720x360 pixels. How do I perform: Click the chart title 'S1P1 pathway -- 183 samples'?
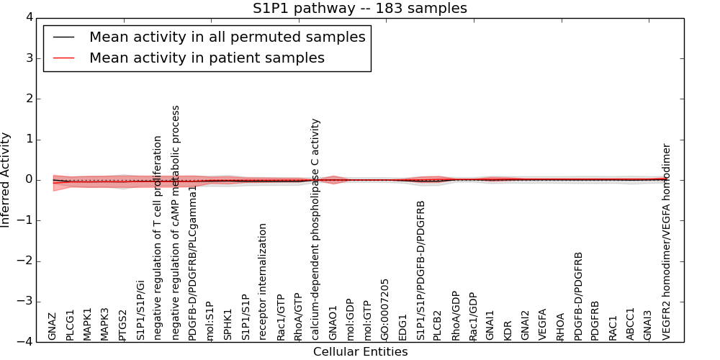point(359,9)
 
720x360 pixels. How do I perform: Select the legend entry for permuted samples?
point(227,37)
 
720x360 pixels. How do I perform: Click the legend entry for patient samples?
point(207,58)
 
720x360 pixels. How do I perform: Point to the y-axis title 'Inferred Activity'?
point(6,180)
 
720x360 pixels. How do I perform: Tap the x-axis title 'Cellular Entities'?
point(360,352)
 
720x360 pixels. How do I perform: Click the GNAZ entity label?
point(52,326)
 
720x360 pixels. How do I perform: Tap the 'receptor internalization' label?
point(263,282)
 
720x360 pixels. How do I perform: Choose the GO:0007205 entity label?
point(385,310)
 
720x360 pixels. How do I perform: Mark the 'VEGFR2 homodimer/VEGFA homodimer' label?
point(666,242)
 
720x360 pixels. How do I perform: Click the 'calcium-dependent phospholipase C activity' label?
point(315,229)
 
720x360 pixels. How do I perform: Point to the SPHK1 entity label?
point(228,325)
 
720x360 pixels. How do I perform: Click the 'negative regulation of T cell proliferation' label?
point(158,238)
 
